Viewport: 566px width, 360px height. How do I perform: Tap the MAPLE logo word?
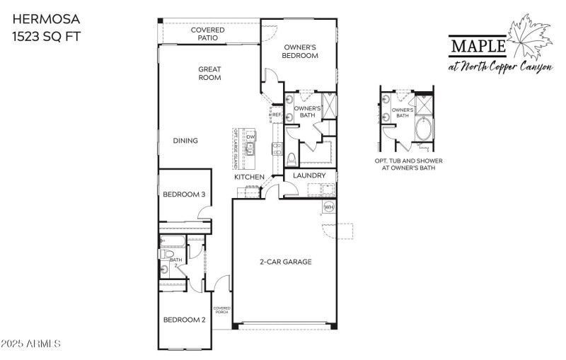pyautogui.click(x=478, y=46)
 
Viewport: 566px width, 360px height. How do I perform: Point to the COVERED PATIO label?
pyautogui.click(x=208, y=34)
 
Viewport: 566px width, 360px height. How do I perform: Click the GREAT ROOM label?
pyautogui.click(x=209, y=74)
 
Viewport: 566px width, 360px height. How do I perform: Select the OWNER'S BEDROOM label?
pyautogui.click(x=300, y=50)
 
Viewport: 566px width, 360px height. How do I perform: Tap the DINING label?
pyautogui.click(x=185, y=141)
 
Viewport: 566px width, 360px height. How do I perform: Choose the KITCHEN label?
pyautogui.click(x=250, y=177)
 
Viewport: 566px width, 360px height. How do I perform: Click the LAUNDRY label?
pyautogui.click(x=309, y=176)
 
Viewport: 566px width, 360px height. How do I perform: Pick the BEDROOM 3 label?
pyautogui.click(x=184, y=194)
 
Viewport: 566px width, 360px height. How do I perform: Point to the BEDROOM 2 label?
pyautogui.click(x=184, y=320)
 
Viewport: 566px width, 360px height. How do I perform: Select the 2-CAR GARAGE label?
pyautogui.click(x=285, y=262)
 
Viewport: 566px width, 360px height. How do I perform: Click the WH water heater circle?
pyautogui.click(x=329, y=207)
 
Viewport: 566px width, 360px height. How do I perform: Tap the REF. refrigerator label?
pyautogui.click(x=277, y=115)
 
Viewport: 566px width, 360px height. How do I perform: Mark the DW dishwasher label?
pyautogui.click(x=250, y=136)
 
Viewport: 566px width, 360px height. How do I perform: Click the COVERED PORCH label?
pyautogui.click(x=222, y=310)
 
